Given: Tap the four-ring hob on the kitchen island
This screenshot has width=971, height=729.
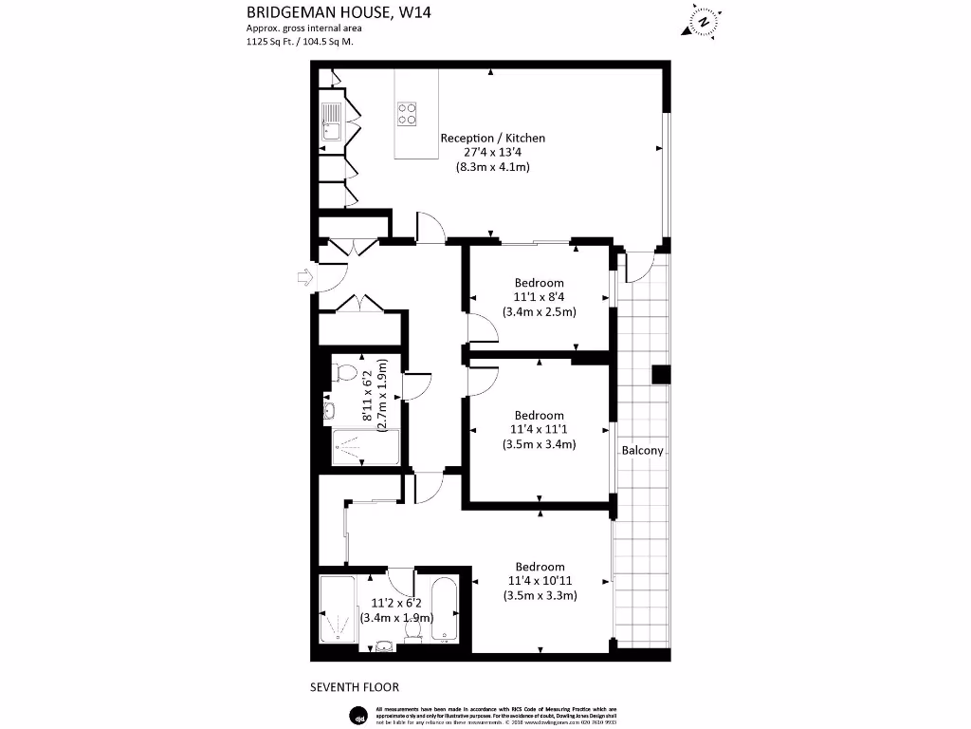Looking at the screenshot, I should point(408,114).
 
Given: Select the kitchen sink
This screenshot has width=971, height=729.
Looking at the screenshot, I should point(332,122).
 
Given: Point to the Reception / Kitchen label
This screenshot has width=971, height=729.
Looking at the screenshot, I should point(492,139).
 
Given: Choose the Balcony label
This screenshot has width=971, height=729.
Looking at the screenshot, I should point(642,451).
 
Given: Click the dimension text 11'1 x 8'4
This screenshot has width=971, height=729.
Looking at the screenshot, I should point(539,297).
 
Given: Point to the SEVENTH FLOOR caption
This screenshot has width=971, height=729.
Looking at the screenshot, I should point(356,686).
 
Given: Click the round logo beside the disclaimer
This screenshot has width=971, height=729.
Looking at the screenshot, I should point(358,714).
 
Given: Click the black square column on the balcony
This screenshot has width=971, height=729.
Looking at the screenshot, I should point(661,374).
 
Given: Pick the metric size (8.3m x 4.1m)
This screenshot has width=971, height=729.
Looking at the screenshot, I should point(492,167).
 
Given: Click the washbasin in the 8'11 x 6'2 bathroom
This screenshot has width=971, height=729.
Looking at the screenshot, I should point(330,410).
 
